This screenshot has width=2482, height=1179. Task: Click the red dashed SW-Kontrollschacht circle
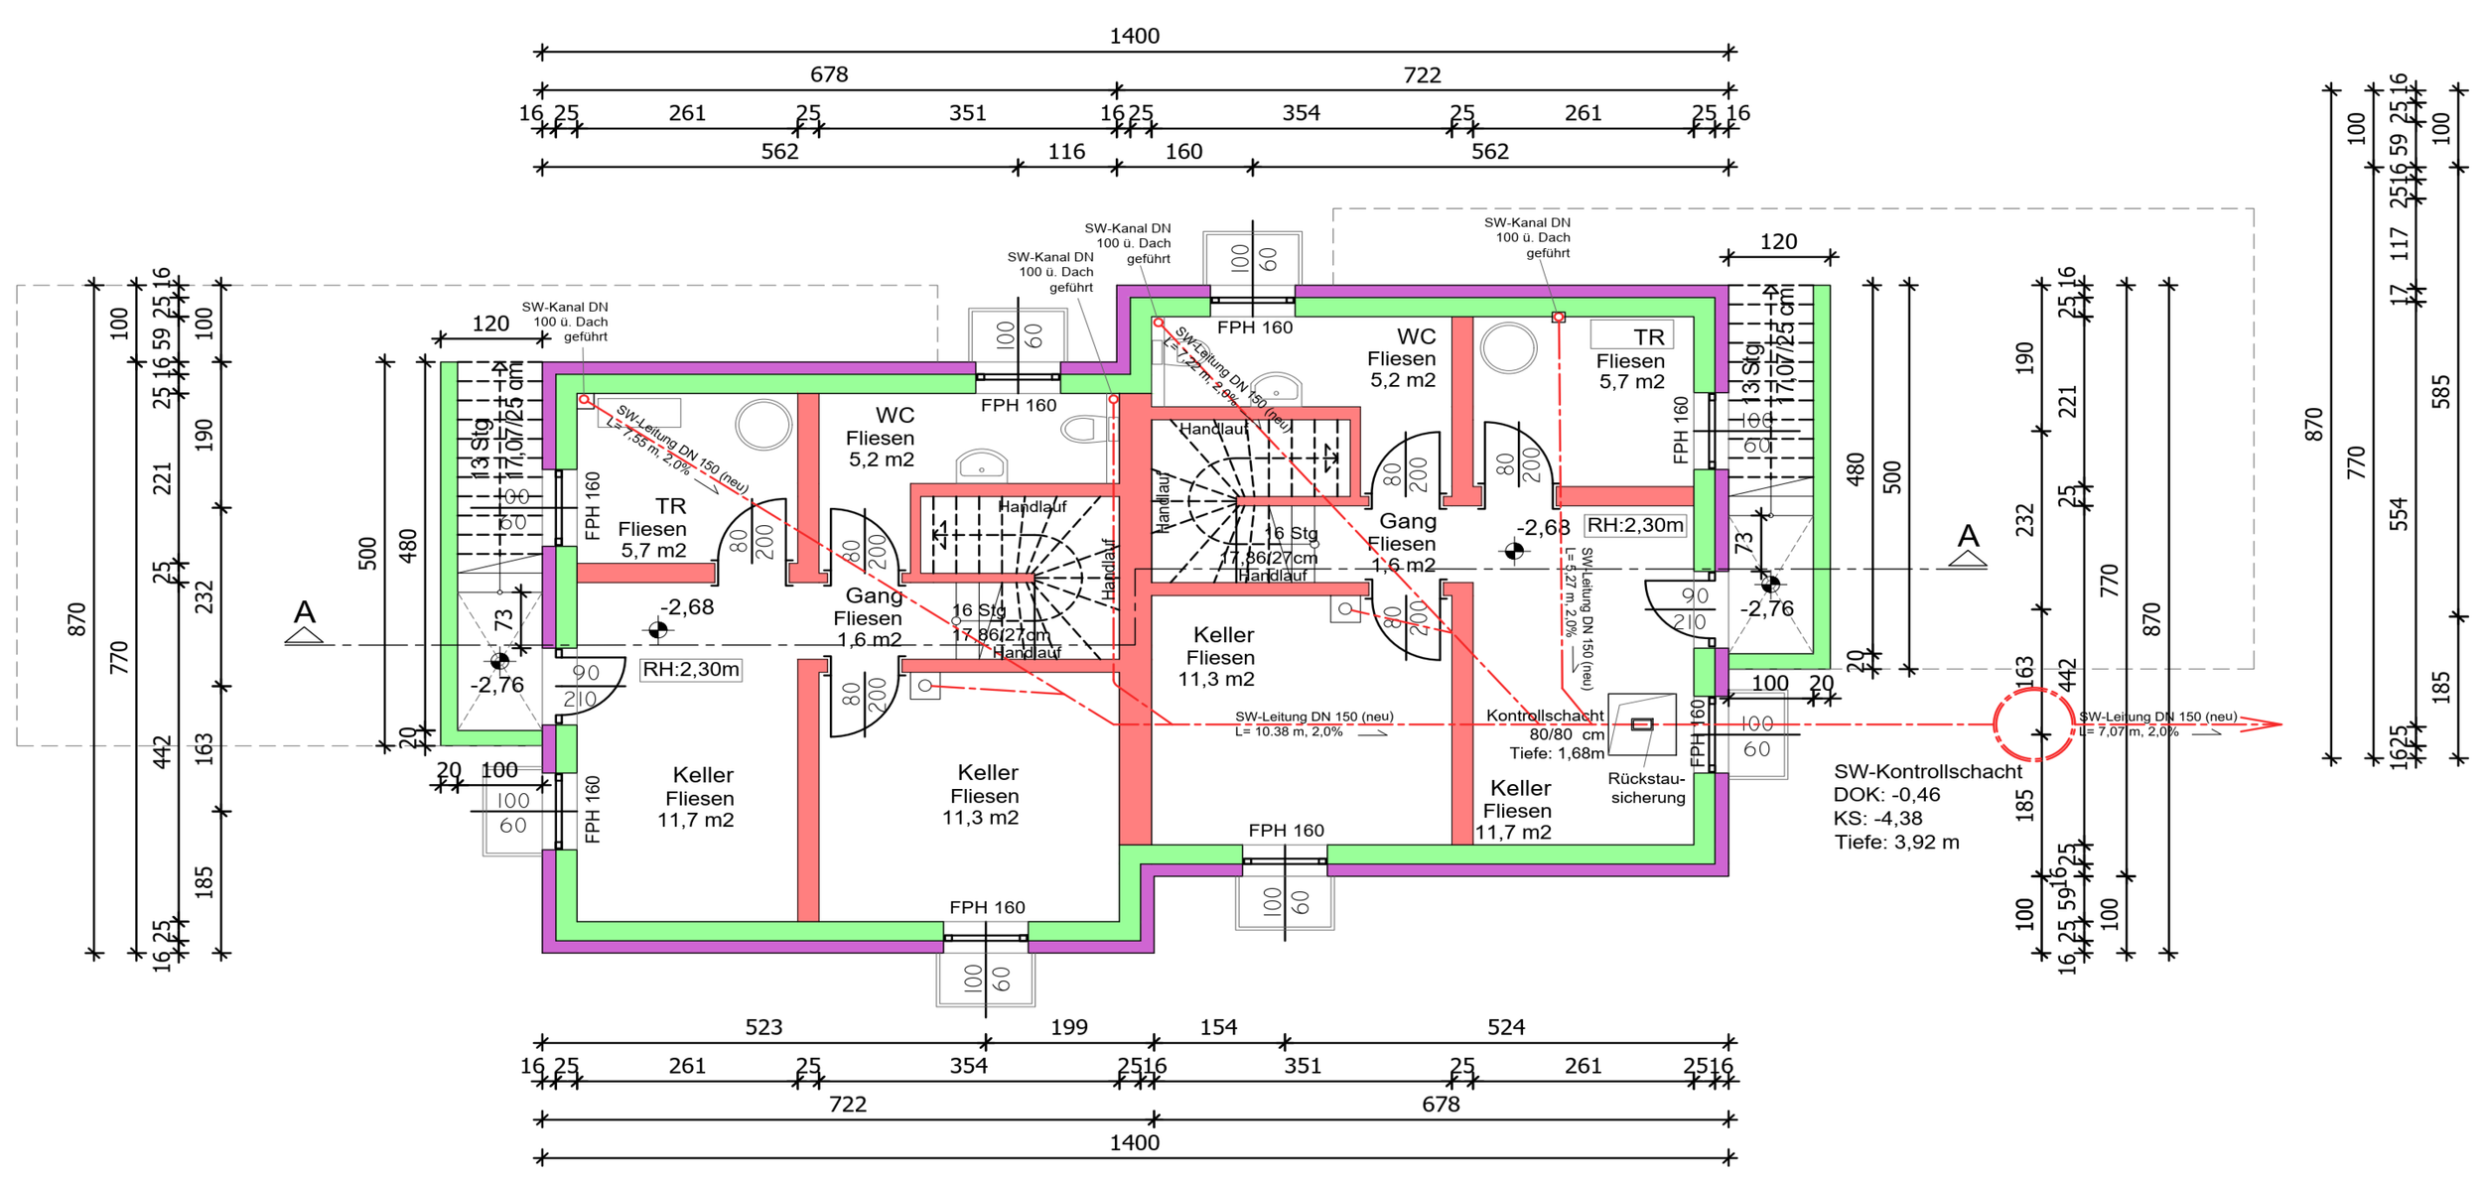coord(2033,724)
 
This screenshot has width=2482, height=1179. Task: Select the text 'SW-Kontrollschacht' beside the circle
coord(1927,771)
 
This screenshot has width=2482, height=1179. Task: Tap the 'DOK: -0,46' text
coord(1886,795)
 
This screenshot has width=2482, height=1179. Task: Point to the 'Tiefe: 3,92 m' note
coord(1896,843)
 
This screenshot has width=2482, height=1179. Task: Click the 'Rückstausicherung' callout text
coord(1647,788)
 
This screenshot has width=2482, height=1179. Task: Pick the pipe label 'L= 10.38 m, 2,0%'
coord(1289,731)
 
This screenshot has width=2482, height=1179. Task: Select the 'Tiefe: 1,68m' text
coord(1557,753)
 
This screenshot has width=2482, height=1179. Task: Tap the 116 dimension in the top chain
coord(1066,152)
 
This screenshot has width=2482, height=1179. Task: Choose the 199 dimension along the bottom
coord(1069,1027)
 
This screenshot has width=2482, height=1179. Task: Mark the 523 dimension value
coord(763,1027)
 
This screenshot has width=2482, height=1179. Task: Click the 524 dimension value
coord(1506,1027)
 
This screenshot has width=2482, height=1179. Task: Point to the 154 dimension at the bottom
coord(1218,1027)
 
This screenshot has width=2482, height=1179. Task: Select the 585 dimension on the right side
coord(2441,392)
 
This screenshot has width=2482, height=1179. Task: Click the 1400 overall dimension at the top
coord(1134,37)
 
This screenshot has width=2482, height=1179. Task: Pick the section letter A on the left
coord(304,612)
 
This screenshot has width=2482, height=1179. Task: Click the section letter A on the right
coord(1968,537)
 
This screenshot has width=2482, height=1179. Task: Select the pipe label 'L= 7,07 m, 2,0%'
coord(2129,731)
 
